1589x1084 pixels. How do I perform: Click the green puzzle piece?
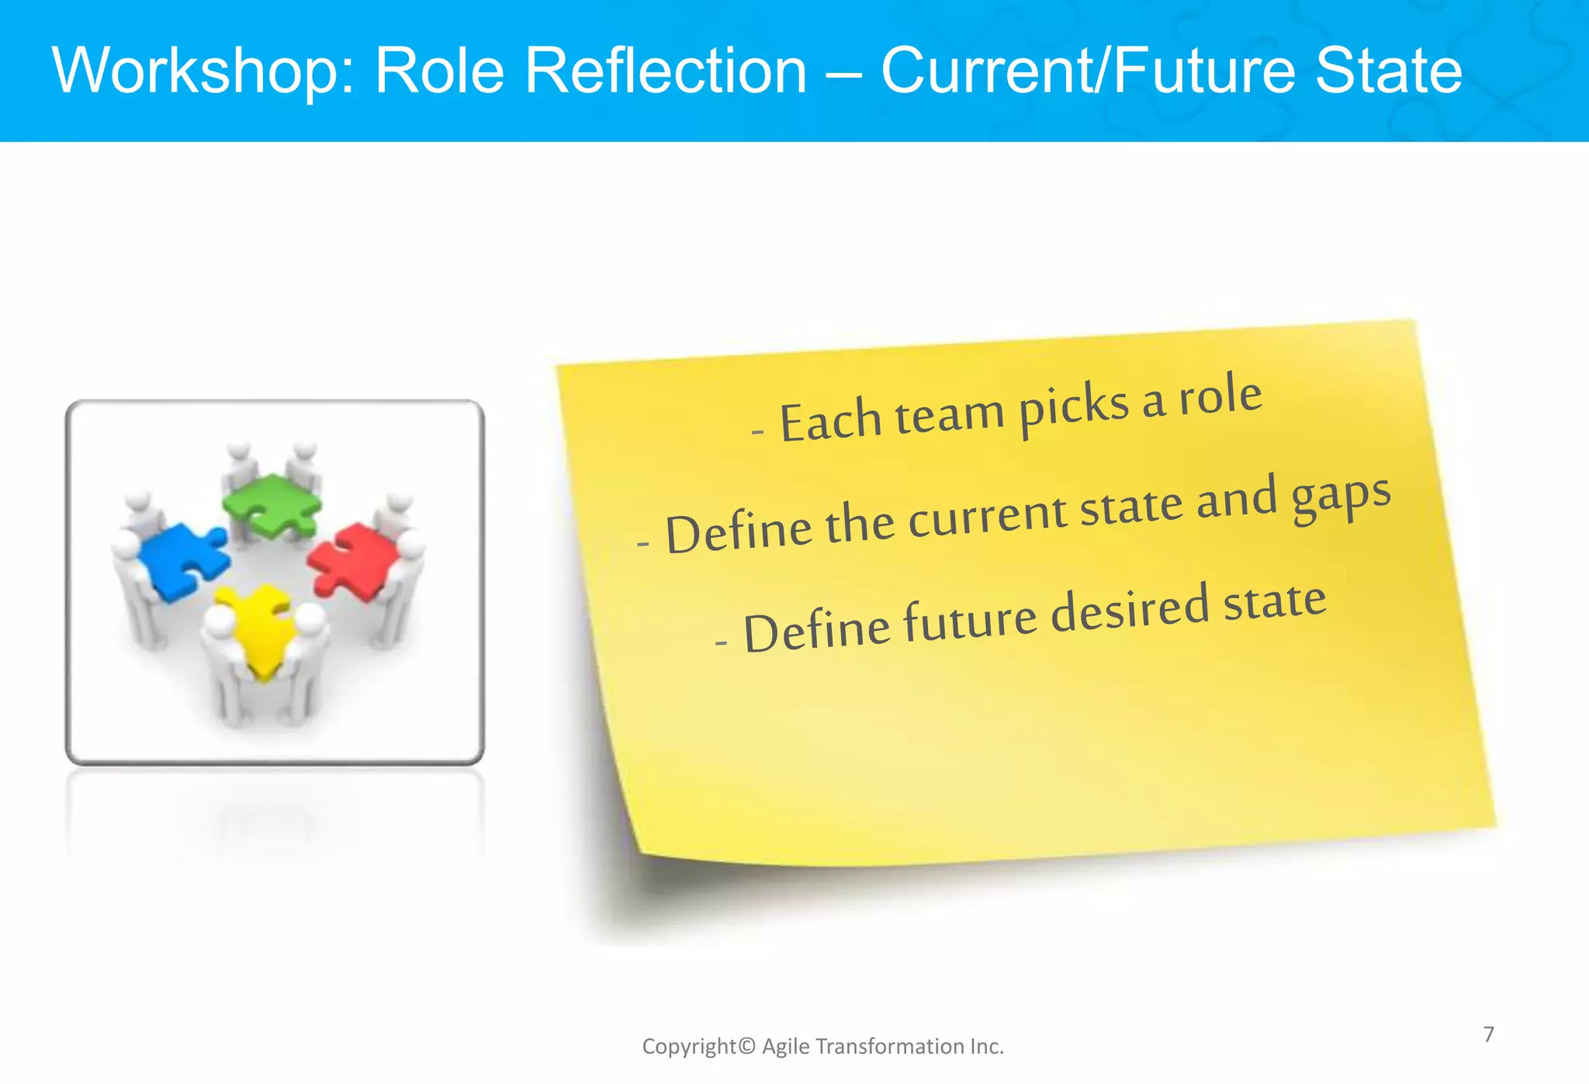(271, 504)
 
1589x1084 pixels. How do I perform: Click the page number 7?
(1488, 1034)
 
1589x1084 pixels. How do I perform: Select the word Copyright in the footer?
(689, 1047)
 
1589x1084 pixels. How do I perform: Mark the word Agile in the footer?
(785, 1047)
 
